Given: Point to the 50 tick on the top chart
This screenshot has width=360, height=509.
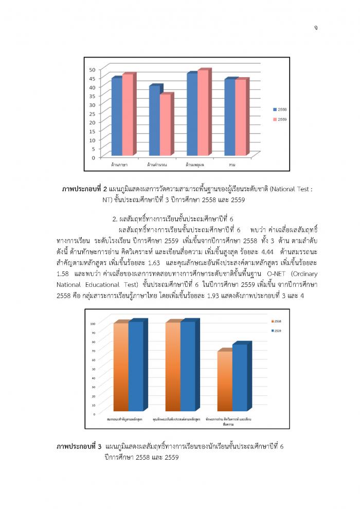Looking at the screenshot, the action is pos(92,69).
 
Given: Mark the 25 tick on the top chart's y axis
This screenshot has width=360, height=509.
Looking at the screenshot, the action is pos(92,114).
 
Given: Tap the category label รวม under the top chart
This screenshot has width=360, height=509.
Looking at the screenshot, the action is pos(233,165).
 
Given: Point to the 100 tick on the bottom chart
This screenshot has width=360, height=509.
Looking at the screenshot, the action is pos(93,323).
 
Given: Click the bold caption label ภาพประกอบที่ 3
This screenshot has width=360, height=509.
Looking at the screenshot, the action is pos(79,447).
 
